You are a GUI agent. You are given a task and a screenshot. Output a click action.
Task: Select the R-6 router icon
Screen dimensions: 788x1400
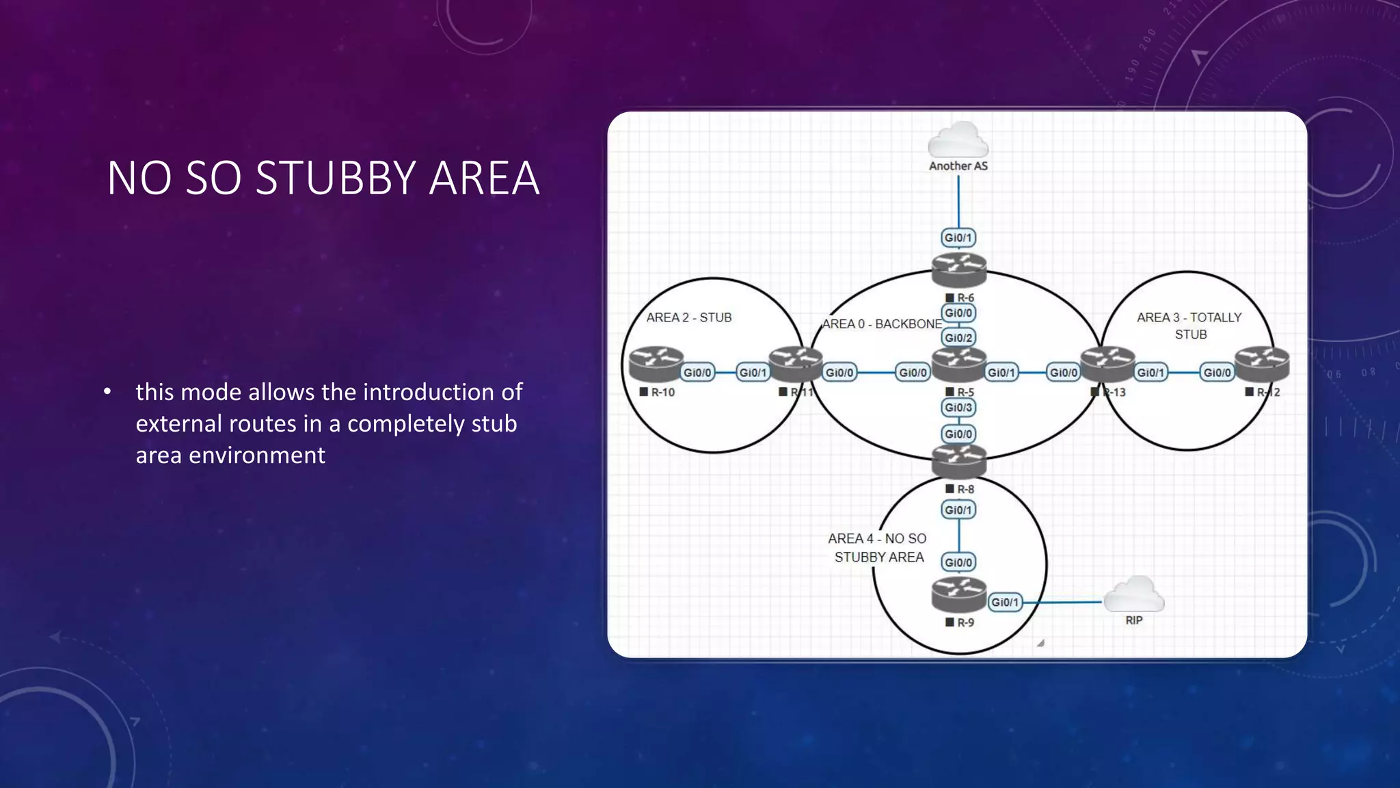[x=958, y=270]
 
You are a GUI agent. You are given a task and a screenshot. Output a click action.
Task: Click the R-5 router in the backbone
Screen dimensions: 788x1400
[x=958, y=365]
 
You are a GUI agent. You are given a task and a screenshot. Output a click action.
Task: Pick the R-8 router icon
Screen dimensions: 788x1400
[x=958, y=461]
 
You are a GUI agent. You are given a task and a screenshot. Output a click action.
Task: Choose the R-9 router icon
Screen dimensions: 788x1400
[x=958, y=594]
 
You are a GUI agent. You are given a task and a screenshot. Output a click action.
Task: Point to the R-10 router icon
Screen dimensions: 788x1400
[x=656, y=365]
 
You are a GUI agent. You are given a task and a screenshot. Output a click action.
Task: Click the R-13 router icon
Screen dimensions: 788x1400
[x=1107, y=365]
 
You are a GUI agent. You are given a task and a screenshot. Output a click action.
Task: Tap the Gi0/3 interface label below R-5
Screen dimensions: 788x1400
[x=958, y=408]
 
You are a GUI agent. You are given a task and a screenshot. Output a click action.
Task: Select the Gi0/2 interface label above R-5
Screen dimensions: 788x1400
[x=958, y=337]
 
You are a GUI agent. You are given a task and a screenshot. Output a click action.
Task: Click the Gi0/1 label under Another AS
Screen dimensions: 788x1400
[x=958, y=238]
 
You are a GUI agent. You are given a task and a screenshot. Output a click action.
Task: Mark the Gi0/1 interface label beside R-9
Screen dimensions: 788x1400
[x=1005, y=602]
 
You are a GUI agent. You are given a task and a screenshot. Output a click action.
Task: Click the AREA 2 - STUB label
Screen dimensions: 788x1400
[x=689, y=317]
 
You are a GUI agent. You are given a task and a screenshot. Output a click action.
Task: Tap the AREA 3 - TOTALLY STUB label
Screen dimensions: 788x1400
[x=1189, y=326]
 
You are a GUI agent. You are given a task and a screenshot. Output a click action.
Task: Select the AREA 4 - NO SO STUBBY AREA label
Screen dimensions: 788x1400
[x=878, y=548]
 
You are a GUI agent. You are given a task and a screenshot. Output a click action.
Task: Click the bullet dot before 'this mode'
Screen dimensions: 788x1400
[x=107, y=392]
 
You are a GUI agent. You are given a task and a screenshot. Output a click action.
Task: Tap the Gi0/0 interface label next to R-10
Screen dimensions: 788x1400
[x=697, y=373]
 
